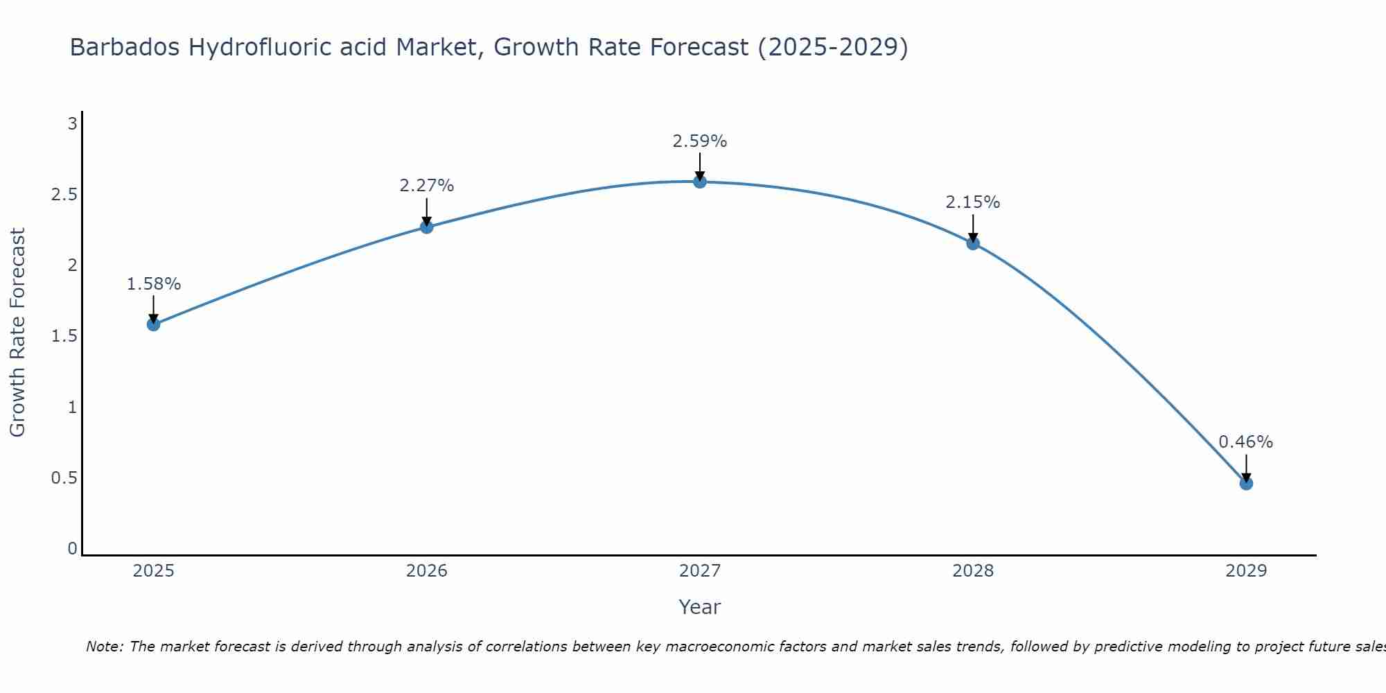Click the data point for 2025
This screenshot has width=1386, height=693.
click(x=153, y=324)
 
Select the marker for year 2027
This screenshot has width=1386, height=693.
click(x=700, y=182)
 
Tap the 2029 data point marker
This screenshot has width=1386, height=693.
click(x=1246, y=483)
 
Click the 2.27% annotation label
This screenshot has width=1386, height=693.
click(x=426, y=186)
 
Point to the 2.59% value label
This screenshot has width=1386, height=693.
click(x=700, y=141)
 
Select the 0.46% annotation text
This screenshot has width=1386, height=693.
click(x=1245, y=442)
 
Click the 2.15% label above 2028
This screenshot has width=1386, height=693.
click(x=973, y=202)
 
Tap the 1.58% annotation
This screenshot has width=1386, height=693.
click(x=154, y=284)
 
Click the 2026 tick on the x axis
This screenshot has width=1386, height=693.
click(x=427, y=571)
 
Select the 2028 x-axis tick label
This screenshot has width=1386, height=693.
click(x=973, y=571)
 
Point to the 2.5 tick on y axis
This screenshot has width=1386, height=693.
click(x=64, y=195)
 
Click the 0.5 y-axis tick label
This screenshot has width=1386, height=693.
click(x=64, y=478)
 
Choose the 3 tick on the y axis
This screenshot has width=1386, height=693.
click(x=72, y=124)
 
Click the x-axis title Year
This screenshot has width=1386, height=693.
click(x=699, y=607)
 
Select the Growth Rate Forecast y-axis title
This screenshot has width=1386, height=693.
click(x=17, y=333)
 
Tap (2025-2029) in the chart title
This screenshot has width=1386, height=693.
click(x=832, y=47)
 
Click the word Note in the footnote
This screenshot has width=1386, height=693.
click(x=104, y=647)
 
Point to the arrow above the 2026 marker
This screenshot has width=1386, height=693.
click(x=426, y=211)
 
